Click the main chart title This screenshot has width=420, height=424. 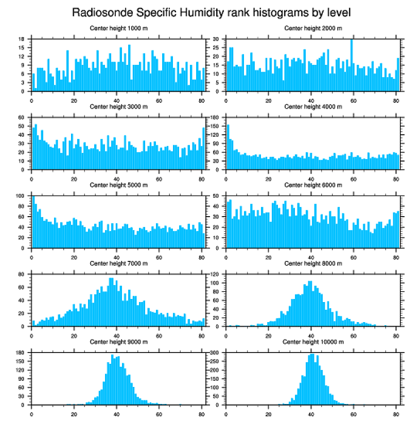(211, 12)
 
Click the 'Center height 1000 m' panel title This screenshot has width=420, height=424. (118, 28)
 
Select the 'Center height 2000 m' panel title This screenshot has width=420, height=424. (313, 28)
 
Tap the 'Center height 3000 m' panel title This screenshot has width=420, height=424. (118, 107)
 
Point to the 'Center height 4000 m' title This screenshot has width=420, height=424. (313, 107)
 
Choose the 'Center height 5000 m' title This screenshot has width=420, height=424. (118, 185)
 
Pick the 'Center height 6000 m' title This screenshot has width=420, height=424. (313, 185)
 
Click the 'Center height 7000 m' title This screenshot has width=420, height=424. (118, 263)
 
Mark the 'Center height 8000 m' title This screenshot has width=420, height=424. (313, 263)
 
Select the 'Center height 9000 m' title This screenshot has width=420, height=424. (118, 342)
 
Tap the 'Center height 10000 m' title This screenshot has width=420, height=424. (313, 342)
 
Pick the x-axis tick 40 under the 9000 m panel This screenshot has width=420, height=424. (117, 413)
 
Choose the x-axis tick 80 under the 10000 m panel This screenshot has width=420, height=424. (396, 413)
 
